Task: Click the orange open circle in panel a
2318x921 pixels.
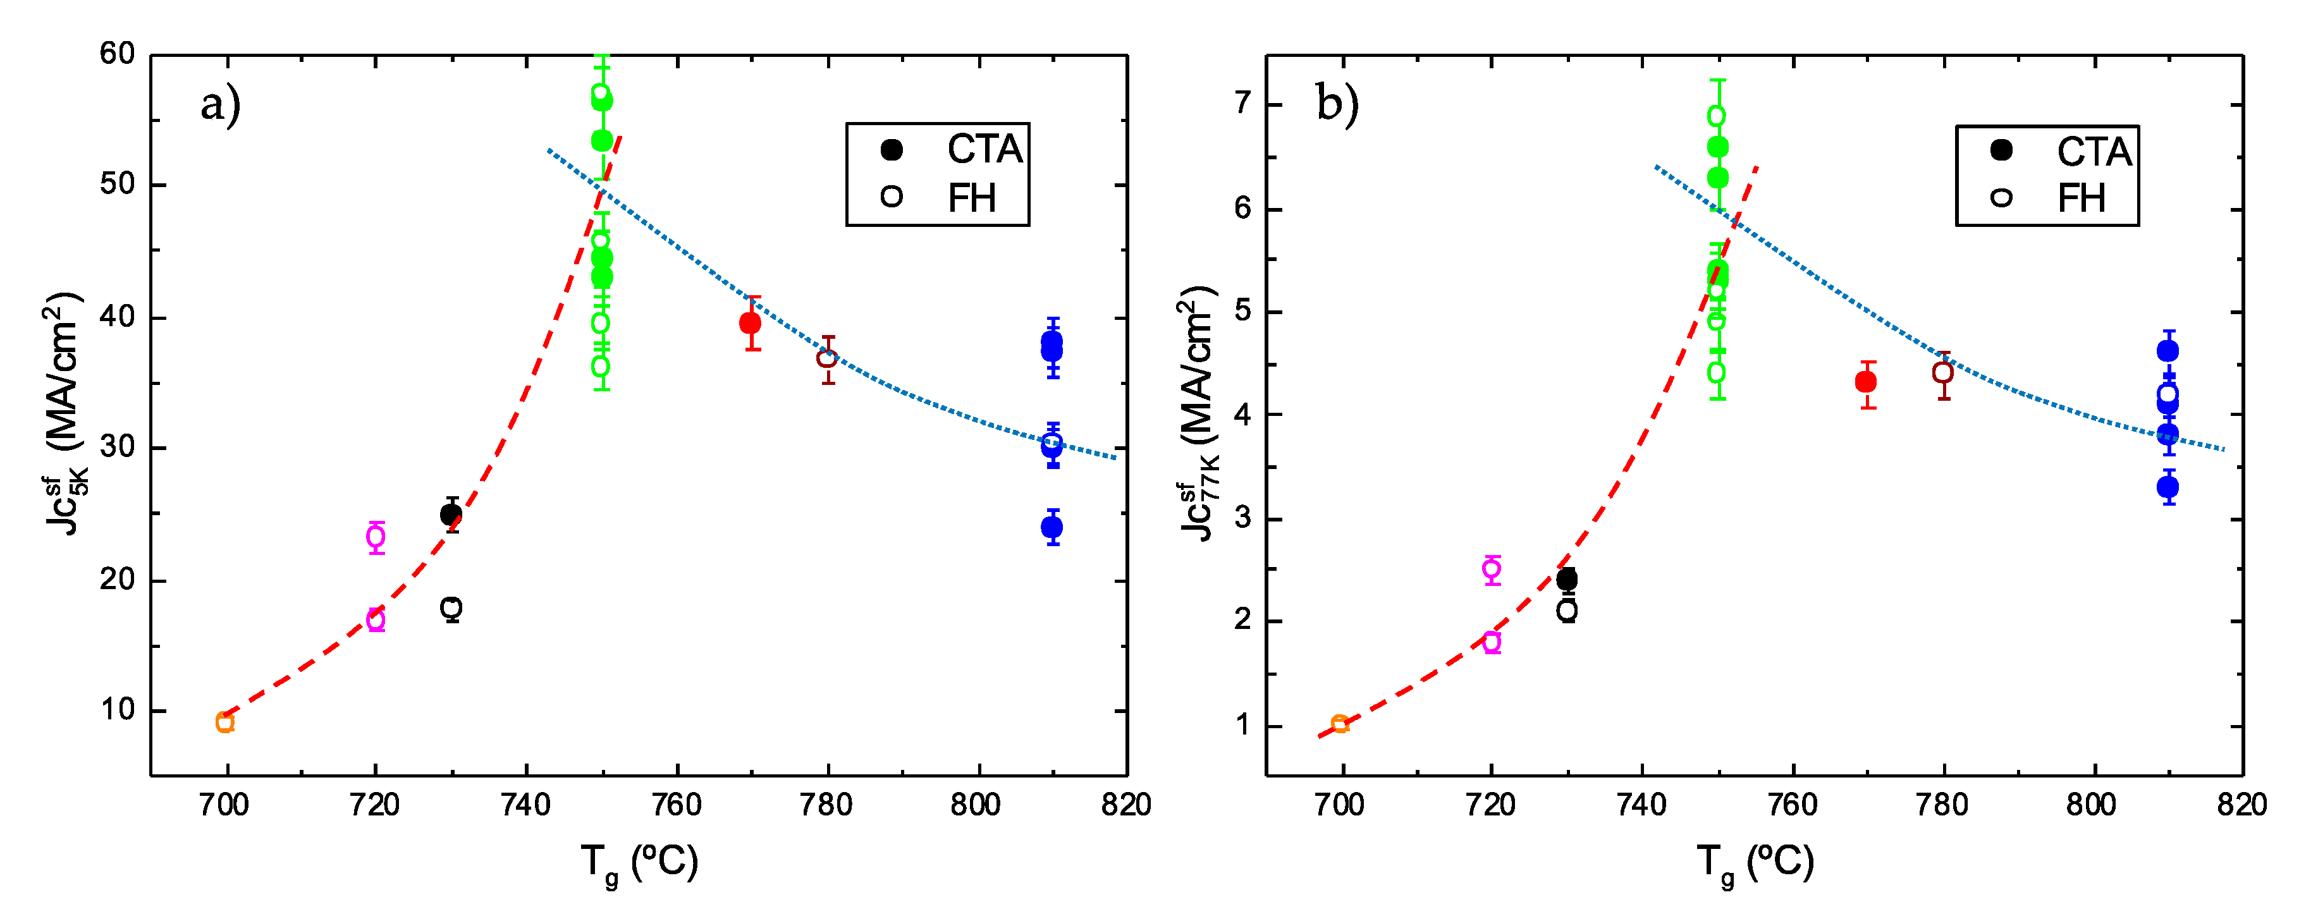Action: click(225, 723)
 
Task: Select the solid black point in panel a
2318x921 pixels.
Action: click(451, 515)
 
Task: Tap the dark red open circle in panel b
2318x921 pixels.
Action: click(1943, 372)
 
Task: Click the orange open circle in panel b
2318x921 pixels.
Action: click(1340, 724)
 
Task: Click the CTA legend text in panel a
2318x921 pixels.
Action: click(984, 149)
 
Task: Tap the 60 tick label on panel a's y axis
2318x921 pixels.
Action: click(118, 53)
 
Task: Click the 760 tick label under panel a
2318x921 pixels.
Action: click(676, 805)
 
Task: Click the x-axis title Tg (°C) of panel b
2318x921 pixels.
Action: click(1755, 863)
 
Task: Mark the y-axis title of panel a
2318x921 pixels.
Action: click(64, 414)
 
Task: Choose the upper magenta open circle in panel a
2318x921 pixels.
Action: click(376, 537)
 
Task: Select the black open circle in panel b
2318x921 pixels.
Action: click(1567, 611)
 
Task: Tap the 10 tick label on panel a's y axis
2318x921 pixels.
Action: click(118, 710)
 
